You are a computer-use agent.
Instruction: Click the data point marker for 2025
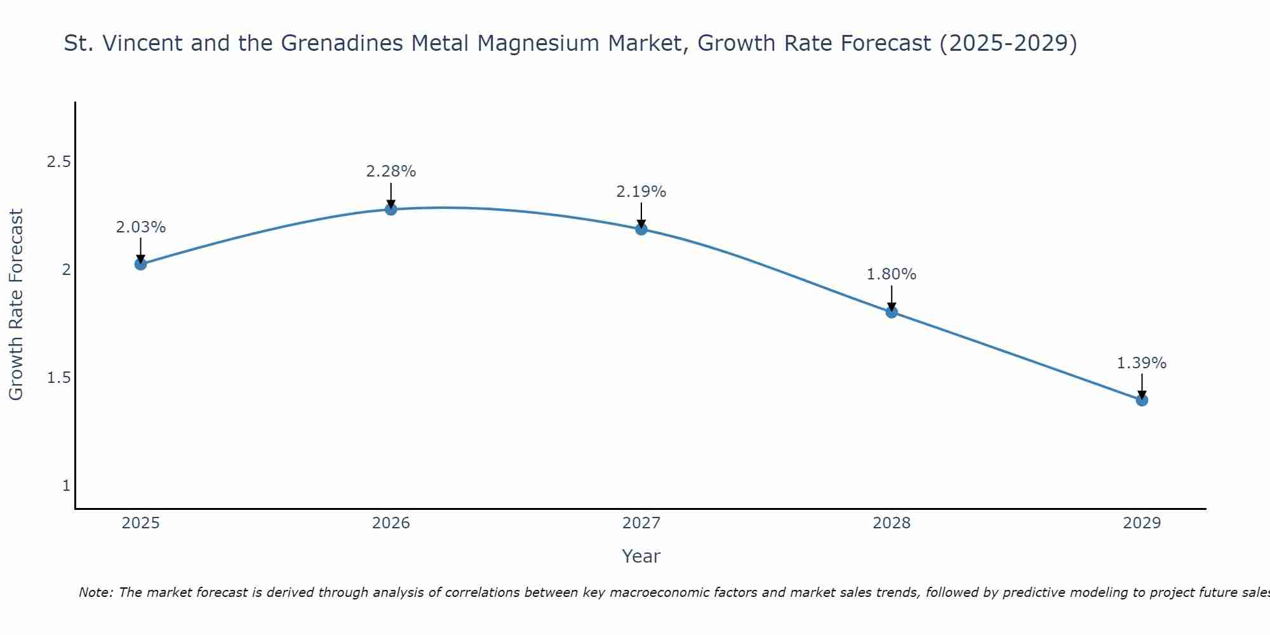click(x=141, y=264)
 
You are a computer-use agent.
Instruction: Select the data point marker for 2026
click(x=391, y=210)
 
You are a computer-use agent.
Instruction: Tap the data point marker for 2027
click(x=641, y=229)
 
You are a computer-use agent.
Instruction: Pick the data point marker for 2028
click(x=892, y=312)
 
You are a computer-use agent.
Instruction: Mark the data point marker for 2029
click(x=1142, y=400)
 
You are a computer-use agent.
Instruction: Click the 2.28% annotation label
click(x=391, y=171)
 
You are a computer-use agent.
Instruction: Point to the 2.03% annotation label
click(x=141, y=227)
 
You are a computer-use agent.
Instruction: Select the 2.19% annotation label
click(x=641, y=192)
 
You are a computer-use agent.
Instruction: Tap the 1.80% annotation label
click(x=892, y=274)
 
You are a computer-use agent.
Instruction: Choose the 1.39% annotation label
click(x=1142, y=363)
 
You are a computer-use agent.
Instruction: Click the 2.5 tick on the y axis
click(x=58, y=162)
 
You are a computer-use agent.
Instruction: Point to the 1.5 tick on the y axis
click(x=58, y=378)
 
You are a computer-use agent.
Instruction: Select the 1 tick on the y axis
click(x=66, y=486)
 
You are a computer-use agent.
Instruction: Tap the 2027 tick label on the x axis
click(x=641, y=523)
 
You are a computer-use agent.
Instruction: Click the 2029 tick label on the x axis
click(x=1142, y=523)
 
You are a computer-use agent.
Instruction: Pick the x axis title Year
click(x=641, y=556)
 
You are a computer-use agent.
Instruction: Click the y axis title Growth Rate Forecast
click(x=17, y=305)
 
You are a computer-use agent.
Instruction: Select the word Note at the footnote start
click(x=95, y=592)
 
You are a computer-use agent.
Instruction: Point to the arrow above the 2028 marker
click(x=892, y=297)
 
